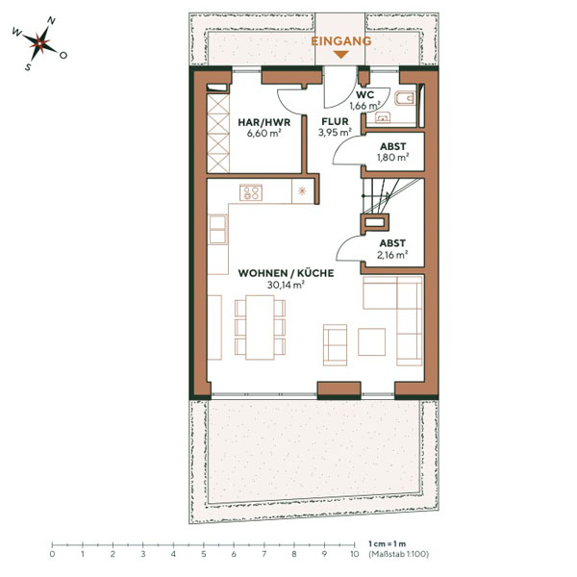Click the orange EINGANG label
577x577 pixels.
pyautogui.click(x=340, y=43)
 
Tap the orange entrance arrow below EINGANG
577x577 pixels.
pyautogui.click(x=340, y=57)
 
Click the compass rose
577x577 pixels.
pyautogui.click(x=39, y=41)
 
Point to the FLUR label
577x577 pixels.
pyautogui.click(x=335, y=122)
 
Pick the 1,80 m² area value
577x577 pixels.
pyautogui.click(x=393, y=156)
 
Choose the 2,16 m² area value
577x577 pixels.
pyautogui.click(x=393, y=255)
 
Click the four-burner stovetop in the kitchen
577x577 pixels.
pyautogui.click(x=252, y=191)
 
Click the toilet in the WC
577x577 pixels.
pyautogui.click(x=403, y=97)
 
